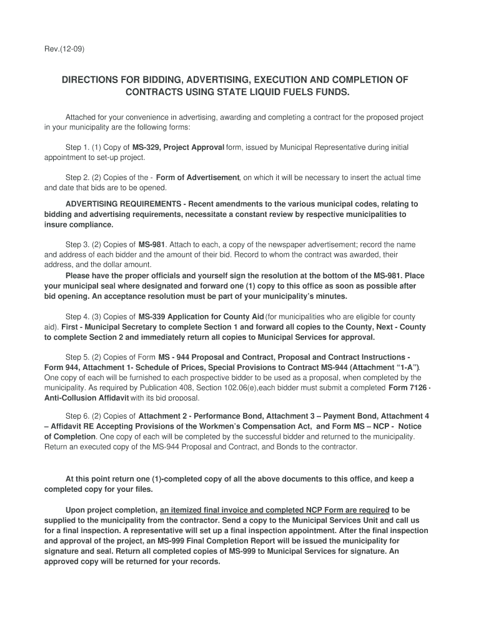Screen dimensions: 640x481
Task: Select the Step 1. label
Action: click(x=78, y=147)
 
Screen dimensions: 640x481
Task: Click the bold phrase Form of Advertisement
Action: click(x=197, y=177)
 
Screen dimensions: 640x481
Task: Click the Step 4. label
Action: click(x=78, y=317)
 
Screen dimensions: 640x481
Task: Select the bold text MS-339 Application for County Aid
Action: click(x=201, y=317)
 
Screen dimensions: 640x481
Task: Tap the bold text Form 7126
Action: click(x=407, y=387)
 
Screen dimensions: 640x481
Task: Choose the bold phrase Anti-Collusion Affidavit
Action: click(x=87, y=397)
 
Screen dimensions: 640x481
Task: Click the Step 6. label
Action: click(x=78, y=416)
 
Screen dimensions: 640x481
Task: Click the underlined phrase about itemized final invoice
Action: click(x=275, y=509)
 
